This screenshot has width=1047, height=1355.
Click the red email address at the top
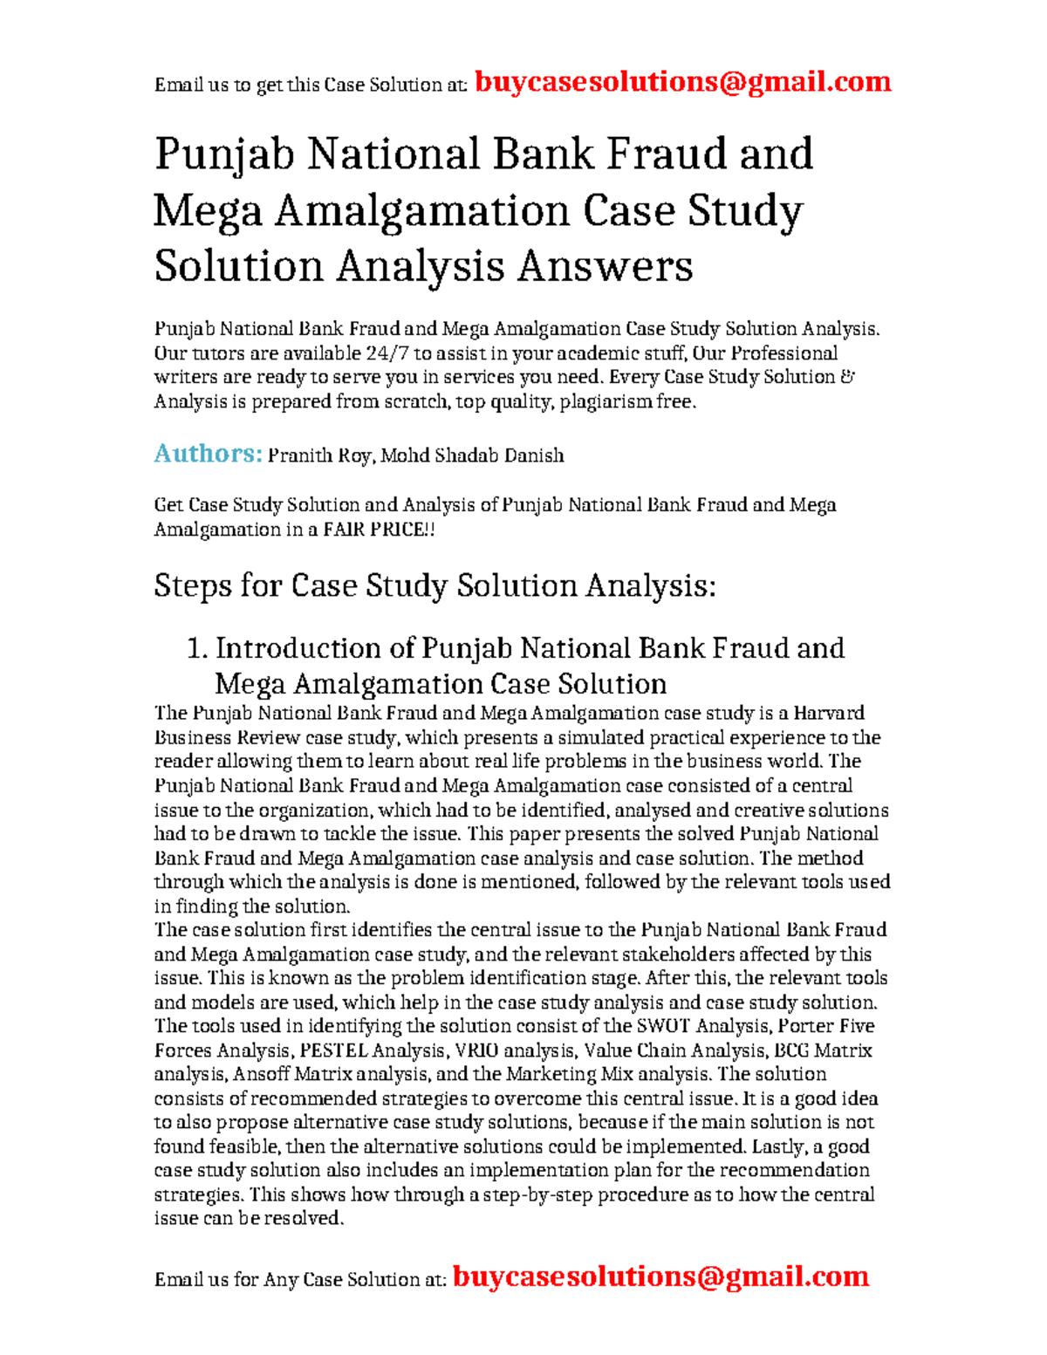pyautogui.click(x=682, y=82)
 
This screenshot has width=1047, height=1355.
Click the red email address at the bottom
pyautogui.click(x=660, y=1276)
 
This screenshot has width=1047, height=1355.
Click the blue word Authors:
pyautogui.click(x=208, y=454)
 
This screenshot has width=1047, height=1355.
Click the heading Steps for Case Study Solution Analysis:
pyautogui.click(x=435, y=585)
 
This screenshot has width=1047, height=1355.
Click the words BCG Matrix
pyautogui.click(x=823, y=1050)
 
